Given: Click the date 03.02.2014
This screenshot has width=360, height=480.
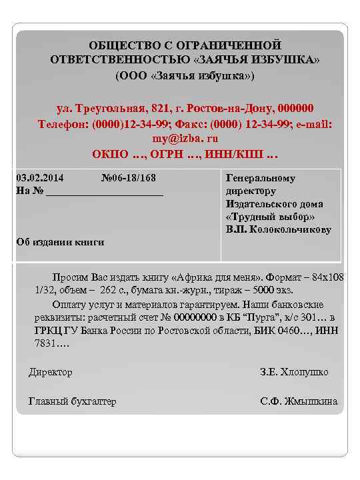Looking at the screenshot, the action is [x=40, y=179].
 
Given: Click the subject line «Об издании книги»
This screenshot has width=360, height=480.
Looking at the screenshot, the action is [x=60, y=242].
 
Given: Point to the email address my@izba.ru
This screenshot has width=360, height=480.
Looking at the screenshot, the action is [x=185, y=139].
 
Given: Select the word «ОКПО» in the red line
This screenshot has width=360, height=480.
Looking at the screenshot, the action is [x=110, y=155].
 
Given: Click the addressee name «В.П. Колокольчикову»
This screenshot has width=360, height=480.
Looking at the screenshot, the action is [x=279, y=229].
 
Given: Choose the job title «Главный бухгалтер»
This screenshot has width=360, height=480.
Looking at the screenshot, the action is [x=72, y=401].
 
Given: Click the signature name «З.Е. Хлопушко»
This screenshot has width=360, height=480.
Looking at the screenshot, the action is [x=294, y=372].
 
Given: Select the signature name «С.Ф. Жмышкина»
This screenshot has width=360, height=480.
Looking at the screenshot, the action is [x=298, y=401].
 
